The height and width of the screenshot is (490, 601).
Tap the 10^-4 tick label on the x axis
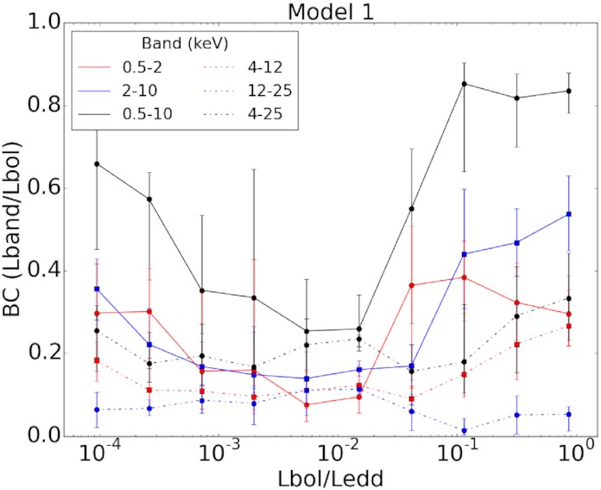click(x=95, y=454)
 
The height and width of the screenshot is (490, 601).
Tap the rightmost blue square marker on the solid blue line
click(x=569, y=213)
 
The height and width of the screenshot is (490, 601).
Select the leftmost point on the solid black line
click(x=97, y=163)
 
